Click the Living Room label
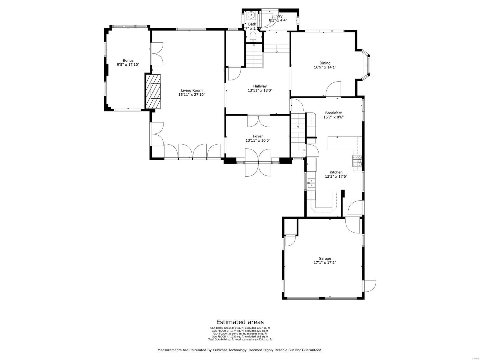pos(191,90)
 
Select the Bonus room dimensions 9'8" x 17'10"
pos(128,64)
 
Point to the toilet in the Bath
pos(253,37)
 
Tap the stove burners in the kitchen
pos(357,161)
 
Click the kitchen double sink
pos(311,183)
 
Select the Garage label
pos(325,258)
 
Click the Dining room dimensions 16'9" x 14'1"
pos(325,67)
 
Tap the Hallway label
pos(260,86)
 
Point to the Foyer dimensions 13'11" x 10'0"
pos(258,140)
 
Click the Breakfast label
pos(333,113)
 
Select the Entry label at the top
pos(278,16)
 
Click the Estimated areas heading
pos(240,322)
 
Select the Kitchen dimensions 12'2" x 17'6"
pos(336,176)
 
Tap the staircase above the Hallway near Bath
pos(254,56)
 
